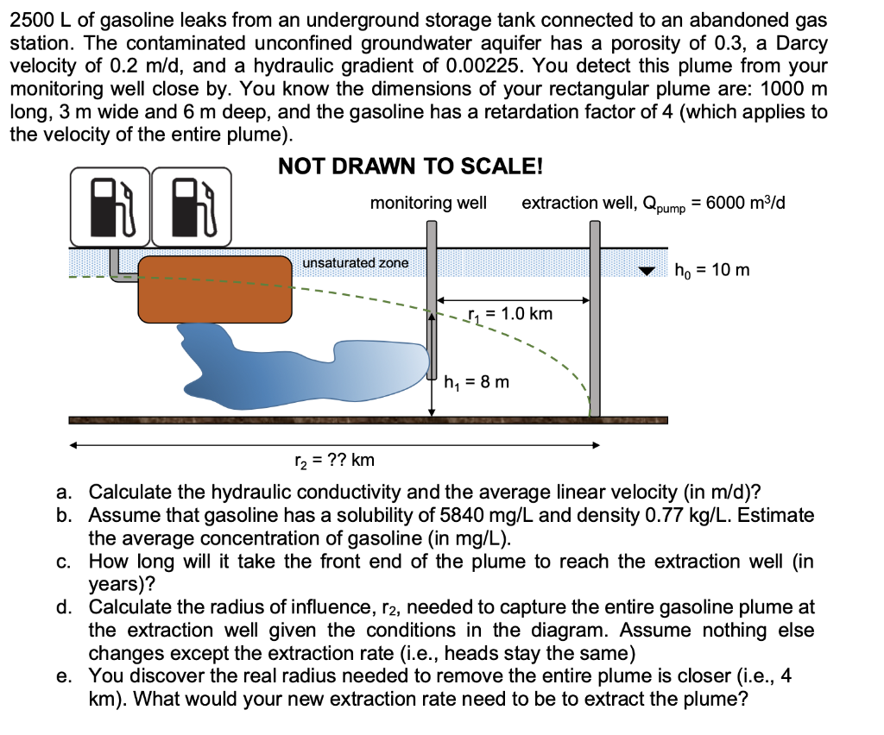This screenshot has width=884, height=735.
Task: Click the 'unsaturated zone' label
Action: [x=355, y=262]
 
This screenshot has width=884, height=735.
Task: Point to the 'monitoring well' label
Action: [x=428, y=203]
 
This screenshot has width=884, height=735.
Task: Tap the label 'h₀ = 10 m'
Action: [x=711, y=270]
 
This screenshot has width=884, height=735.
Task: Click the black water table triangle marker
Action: [x=647, y=271]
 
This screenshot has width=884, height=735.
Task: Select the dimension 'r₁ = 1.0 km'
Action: [x=509, y=313]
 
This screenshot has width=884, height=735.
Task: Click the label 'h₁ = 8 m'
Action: [x=477, y=380]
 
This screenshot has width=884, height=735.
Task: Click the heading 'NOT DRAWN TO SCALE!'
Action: [x=410, y=166]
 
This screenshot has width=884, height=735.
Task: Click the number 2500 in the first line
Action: [x=29, y=20]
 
